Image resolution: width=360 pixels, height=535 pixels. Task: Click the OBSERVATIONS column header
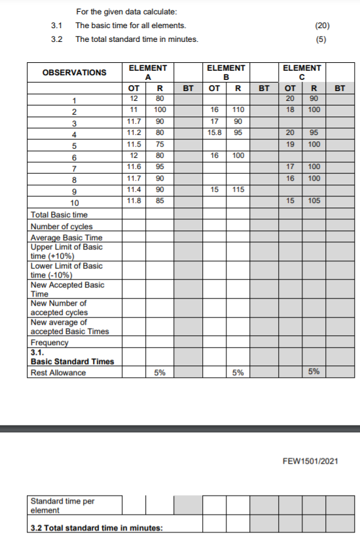coord(74,72)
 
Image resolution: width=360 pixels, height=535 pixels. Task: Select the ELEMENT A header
coord(147,72)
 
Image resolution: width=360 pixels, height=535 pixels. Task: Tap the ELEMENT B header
coord(226,72)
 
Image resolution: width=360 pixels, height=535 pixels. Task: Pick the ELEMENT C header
coord(302,72)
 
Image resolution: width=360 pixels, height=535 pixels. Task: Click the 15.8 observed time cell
coord(213,132)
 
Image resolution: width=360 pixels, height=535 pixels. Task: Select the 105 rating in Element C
coord(314,200)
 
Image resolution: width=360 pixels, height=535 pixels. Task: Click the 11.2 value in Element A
coord(134,132)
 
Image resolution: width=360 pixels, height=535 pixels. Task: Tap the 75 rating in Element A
coord(159,144)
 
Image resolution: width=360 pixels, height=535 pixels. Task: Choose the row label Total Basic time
coord(59,215)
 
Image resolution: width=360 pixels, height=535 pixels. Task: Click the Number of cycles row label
coord(62,227)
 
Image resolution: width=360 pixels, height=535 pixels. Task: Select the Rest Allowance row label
coord(58,373)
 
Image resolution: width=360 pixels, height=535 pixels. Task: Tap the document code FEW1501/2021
coord(310,461)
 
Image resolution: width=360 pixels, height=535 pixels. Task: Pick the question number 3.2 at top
coord(56,39)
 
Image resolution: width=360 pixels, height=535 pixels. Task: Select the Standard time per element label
coord(62,506)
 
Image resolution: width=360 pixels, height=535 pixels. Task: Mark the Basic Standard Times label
coord(72,361)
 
